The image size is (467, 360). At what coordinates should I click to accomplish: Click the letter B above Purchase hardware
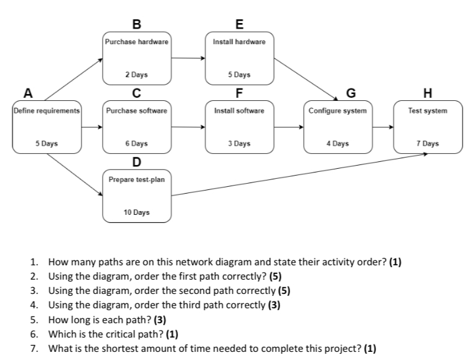click(136, 25)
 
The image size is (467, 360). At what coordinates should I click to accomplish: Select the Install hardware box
click(239, 58)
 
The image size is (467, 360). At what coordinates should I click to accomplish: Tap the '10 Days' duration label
click(136, 212)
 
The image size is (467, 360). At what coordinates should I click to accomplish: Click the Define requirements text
click(47, 110)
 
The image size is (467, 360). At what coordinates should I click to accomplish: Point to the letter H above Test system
click(427, 93)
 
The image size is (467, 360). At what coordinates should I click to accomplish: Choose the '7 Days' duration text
click(427, 143)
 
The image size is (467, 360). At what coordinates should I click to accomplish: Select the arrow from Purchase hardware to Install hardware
click(188, 59)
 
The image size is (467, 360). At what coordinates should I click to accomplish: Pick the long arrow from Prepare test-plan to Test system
click(299, 174)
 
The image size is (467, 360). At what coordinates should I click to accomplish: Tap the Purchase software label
click(136, 110)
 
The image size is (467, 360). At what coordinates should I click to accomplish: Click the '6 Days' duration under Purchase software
click(136, 143)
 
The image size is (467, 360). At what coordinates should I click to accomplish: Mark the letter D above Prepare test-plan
click(136, 163)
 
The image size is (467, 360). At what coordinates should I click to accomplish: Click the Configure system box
click(337, 126)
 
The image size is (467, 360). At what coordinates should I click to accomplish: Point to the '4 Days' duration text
click(337, 143)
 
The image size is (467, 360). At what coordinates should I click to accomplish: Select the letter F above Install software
click(239, 93)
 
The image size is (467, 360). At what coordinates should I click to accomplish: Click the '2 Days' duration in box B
click(136, 75)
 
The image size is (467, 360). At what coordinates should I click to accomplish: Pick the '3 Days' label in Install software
click(239, 143)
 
